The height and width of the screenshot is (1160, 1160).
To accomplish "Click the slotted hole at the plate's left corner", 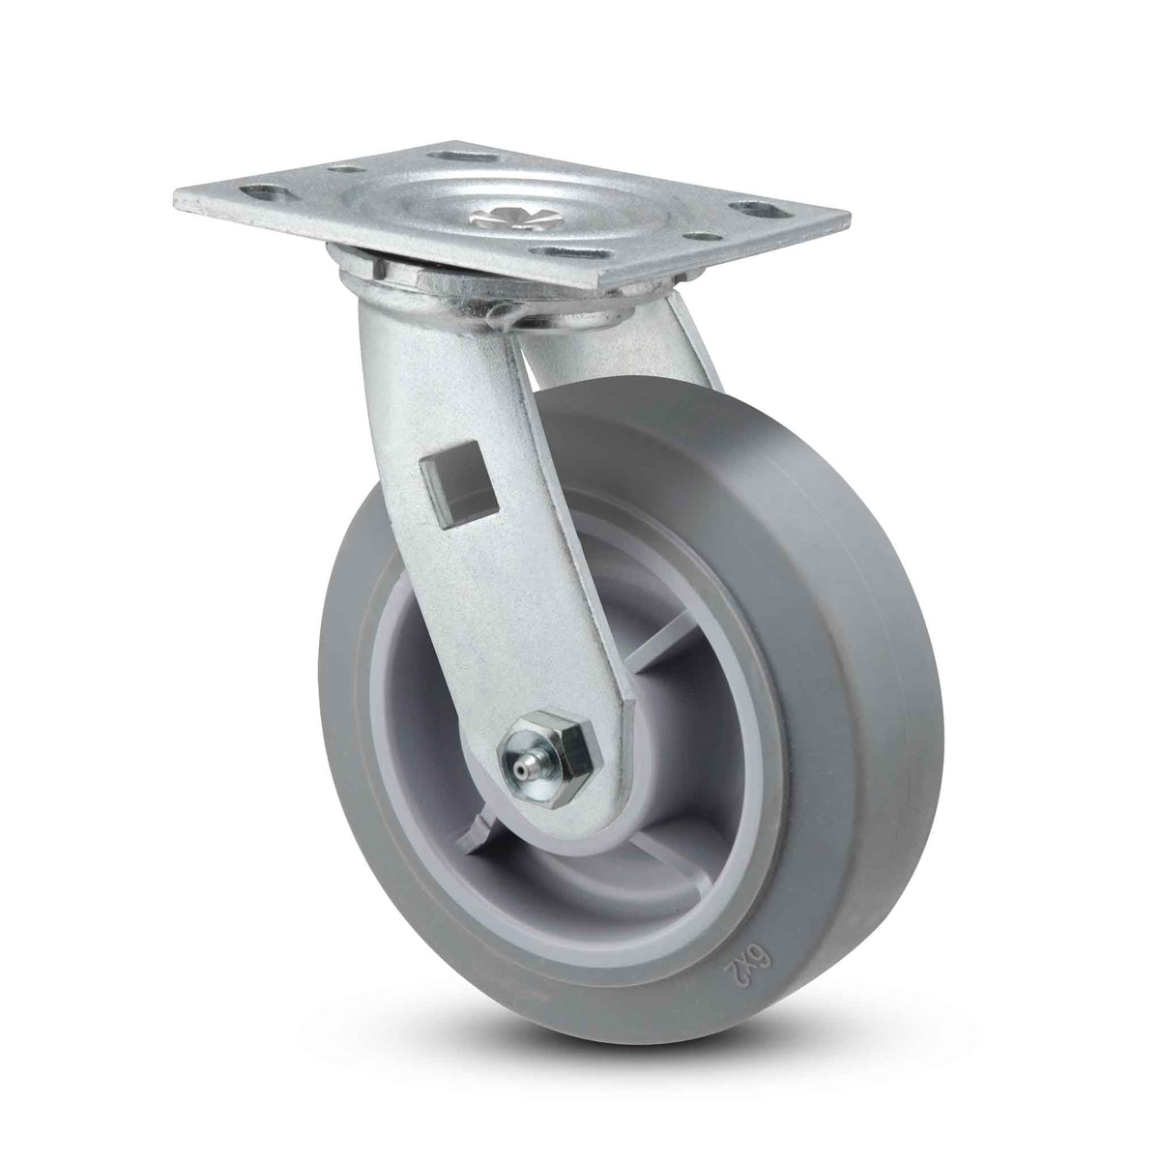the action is point(263,194).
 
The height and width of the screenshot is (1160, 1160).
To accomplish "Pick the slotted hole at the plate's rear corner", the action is point(464,157).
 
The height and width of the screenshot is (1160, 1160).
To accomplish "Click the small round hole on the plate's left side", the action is point(346,170).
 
